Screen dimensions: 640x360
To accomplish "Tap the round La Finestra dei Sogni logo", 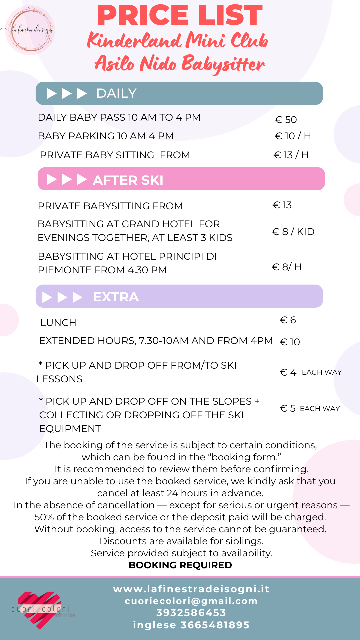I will [30, 30].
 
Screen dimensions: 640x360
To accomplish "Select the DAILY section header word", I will [116, 93].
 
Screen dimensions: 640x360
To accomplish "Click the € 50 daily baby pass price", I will [286, 119].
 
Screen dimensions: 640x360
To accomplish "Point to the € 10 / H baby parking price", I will [293, 136].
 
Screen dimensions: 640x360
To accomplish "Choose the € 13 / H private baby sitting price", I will [291, 155].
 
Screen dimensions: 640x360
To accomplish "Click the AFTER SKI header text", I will [128, 180].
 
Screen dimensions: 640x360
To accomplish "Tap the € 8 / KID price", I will [293, 232].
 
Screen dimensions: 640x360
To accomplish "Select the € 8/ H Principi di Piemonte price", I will [287, 267].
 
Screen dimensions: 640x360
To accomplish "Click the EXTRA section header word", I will [116, 297].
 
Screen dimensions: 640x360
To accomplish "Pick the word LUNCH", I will [58, 323].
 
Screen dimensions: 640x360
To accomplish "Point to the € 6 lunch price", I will [288, 320].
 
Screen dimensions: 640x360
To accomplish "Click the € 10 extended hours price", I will [290, 342].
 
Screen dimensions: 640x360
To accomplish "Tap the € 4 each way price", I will [310, 372].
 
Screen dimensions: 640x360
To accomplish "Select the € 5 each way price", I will [310, 408].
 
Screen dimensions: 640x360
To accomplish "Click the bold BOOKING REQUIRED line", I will [180, 565].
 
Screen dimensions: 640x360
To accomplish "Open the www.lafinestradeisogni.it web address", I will [191, 589].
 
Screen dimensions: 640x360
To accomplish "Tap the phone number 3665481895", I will [215, 625].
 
